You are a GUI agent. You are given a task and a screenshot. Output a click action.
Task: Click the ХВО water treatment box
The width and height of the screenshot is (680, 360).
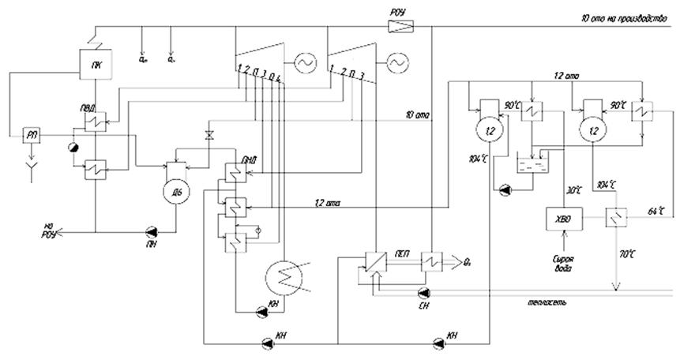[562, 216]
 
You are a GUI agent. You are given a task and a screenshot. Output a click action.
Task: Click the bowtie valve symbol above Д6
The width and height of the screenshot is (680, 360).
[209, 134]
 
